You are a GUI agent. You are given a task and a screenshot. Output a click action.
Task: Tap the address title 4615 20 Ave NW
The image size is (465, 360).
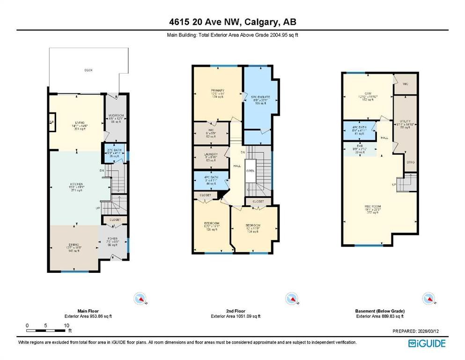[232, 22]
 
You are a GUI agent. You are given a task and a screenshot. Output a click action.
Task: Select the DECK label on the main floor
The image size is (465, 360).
[89, 70]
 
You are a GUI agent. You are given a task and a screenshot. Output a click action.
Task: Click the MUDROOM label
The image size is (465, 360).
[116, 115]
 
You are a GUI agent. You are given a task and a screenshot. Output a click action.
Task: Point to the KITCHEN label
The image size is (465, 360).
[77, 171]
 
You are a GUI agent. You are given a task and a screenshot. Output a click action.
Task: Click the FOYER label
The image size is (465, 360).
[112, 238]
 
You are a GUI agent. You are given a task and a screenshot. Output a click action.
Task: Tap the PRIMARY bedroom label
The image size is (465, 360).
[218, 90]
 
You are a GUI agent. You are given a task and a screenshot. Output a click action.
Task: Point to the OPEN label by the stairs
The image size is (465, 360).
[251, 171]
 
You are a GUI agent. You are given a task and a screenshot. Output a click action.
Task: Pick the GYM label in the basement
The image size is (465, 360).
[368, 94]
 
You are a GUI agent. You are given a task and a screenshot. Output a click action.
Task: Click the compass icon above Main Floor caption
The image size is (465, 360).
[140, 298]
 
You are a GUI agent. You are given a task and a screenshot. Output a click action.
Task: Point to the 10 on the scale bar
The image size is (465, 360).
[66, 325]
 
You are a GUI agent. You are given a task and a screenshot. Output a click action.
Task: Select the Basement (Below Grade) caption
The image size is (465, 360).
[379, 311]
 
